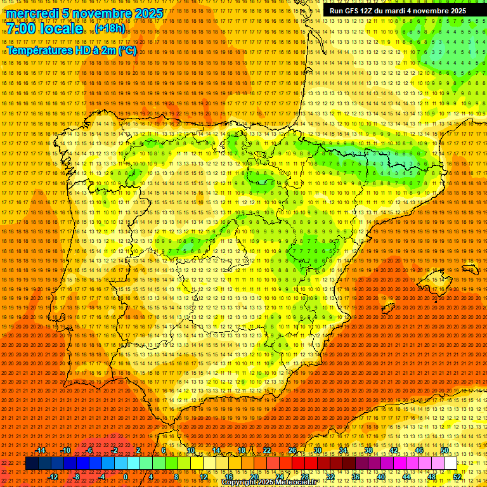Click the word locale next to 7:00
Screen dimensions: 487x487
pyautogui.click(x=63, y=29)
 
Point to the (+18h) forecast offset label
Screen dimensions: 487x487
pyautogui.click(x=110, y=29)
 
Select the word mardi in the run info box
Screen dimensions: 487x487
pyautogui.click(x=398, y=11)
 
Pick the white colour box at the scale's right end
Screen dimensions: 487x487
pyautogui.click(x=450, y=464)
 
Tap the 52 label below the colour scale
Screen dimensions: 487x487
pyautogui.click(x=457, y=477)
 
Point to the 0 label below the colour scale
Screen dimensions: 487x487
pyautogui.click(x=126, y=477)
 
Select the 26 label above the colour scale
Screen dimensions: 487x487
pyautogui.click(x=292, y=450)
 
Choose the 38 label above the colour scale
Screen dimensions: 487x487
pyautogui.click(x=368, y=450)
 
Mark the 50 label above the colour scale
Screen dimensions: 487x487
pyautogui.click(x=444, y=450)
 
